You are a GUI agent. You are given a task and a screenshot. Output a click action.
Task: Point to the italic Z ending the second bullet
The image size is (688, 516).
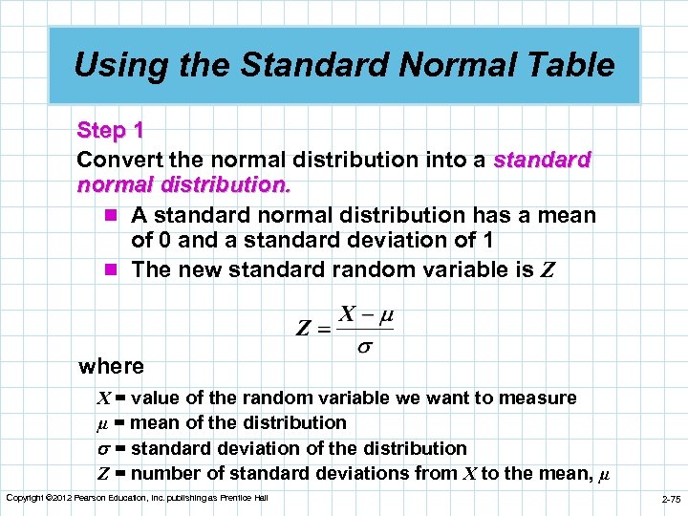click(x=547, y=270)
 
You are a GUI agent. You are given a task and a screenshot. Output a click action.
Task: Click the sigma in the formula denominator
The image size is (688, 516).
click(x=364, y=347)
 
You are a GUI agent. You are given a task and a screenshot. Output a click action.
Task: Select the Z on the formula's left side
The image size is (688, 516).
click(x=303, y=330)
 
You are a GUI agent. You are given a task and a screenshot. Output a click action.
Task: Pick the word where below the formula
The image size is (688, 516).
click(x=111, y=366)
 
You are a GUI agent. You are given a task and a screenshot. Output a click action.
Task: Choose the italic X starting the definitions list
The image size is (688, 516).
click(x=104, y=398)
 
